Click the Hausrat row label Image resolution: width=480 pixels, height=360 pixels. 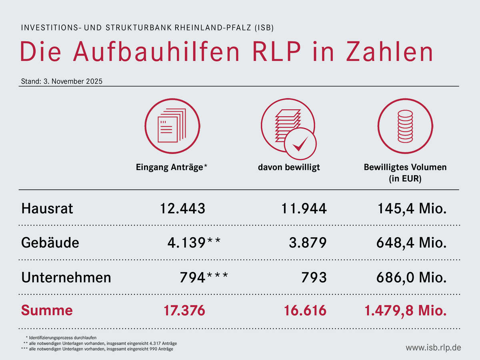point(47,208)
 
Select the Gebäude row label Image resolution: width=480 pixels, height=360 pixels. point(50,243)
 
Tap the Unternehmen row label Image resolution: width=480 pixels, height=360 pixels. point(66,277)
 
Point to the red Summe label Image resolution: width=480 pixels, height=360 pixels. point(47,310)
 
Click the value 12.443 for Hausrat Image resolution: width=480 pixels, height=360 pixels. point(182,208)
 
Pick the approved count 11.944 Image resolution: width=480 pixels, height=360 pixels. point(304,208)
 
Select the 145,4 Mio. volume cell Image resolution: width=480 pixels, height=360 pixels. point(412,208)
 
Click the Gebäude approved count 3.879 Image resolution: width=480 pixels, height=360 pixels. point(308,243)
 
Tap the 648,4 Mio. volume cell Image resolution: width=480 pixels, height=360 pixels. point(412,243)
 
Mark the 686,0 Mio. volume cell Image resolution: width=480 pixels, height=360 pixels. point(412,277)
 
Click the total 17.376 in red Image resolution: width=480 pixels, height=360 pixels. point(184,310)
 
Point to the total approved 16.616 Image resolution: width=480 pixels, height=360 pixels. point(305,310)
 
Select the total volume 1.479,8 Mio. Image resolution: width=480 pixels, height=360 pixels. point(405,310)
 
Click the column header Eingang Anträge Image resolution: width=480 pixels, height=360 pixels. point(172,168)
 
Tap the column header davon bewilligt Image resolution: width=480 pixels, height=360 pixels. point(289,168)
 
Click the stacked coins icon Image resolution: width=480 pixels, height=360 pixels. point(405,126)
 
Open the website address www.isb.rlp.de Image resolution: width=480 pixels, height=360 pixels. point(433,347)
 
